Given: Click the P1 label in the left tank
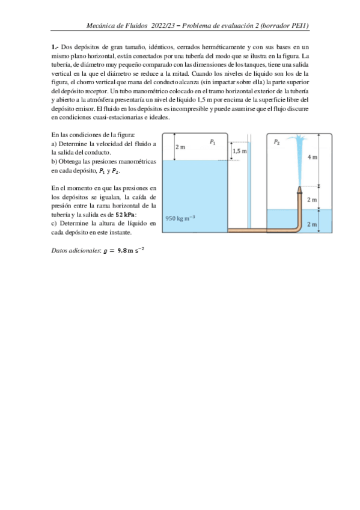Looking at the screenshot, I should point(213,143).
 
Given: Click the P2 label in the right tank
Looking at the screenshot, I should point(276,143).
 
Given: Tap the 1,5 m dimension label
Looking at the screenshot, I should point(240,152).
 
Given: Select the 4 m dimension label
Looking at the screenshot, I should point(312,157).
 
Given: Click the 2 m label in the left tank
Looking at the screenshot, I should point(180,147).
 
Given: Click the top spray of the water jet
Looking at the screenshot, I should point(299,141).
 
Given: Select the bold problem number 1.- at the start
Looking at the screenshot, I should point(55,47).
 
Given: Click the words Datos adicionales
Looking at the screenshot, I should point(73,249).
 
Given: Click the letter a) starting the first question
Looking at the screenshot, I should point(55,144).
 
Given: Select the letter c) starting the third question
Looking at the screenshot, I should point(54,223).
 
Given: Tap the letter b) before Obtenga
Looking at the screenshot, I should point(55,162).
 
